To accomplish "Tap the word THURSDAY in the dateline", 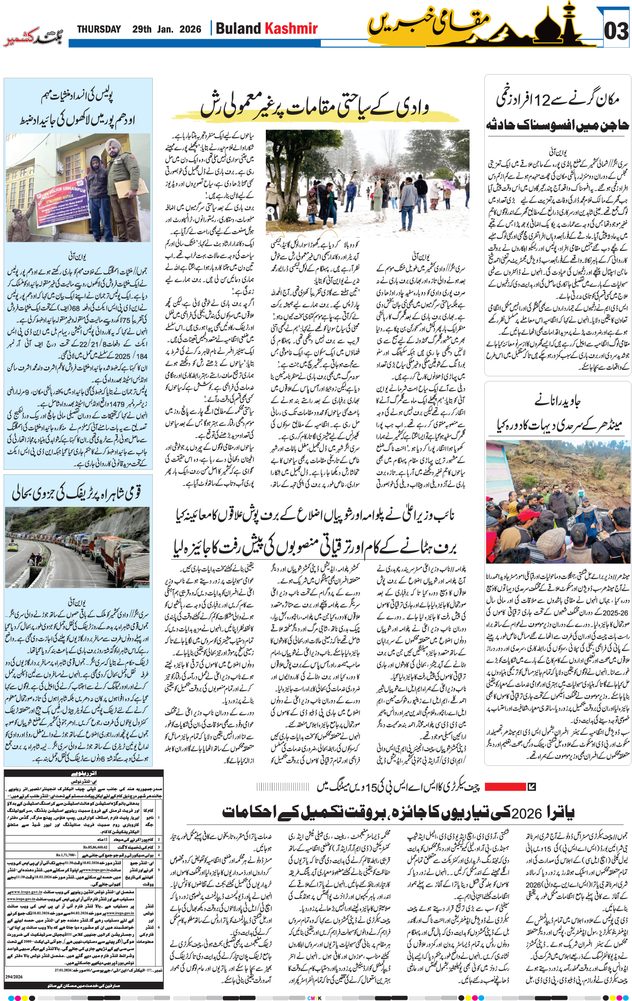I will click(99, 29).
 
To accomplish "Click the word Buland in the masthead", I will click(238, 28).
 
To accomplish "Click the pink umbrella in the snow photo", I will click(447, 184).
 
